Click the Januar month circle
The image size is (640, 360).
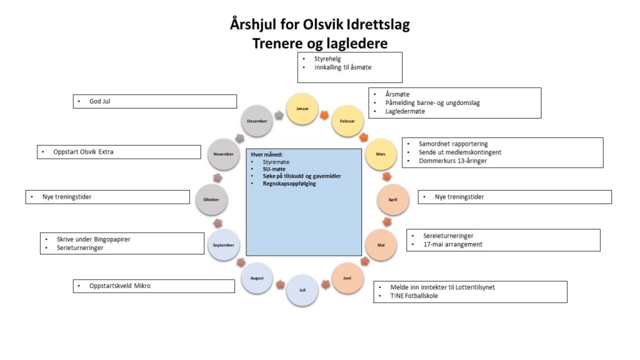coord(302,108)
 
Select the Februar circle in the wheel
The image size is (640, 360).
coord(347,121)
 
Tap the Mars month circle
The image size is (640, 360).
coord(381,154)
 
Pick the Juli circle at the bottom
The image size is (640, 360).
coord(302,290)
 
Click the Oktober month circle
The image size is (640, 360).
coord(211,199)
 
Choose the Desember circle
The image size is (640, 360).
coord(257,121)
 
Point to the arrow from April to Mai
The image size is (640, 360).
coord(387,222)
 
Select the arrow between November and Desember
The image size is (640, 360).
coord(239,138)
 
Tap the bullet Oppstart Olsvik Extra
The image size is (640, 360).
coord(83,152)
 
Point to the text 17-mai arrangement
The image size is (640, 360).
coord(452,244)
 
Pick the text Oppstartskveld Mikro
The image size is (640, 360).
coord(120,286)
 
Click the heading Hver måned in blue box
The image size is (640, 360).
coord(267,154)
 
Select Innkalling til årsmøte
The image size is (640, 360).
coord(343,67)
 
